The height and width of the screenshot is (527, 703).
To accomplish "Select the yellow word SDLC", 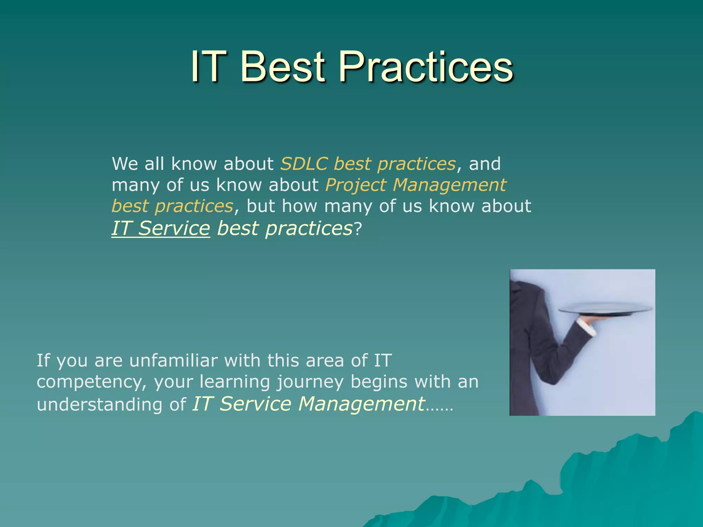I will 304,164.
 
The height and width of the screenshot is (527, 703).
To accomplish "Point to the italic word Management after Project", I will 449,186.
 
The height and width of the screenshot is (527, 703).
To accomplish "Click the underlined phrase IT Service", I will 161,229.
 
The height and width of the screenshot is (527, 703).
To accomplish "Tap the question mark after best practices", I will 358,229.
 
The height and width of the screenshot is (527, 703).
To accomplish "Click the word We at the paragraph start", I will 125,164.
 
